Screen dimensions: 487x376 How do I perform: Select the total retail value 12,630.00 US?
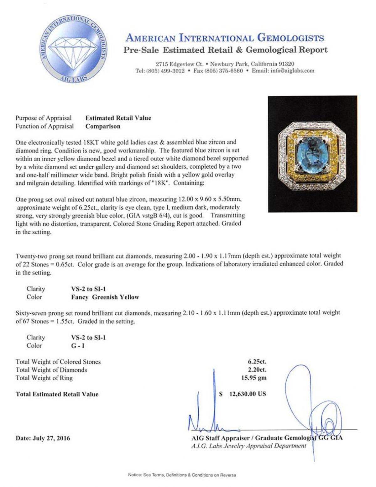coord(248,394)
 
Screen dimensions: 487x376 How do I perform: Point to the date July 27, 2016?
coord(43,438)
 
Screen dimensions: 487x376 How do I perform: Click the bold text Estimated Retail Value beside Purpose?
coord(118,118)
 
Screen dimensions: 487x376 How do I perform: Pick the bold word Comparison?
coord(103,126)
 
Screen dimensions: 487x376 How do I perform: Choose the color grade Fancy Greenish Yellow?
coord(105,297)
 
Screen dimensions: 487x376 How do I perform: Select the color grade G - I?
coord(78,346)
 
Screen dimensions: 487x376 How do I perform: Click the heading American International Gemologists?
coord(225,38)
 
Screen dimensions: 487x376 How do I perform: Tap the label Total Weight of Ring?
coord(44,378)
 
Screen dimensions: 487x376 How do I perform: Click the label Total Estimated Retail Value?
coord(57,394)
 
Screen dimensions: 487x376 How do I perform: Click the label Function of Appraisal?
coord(45,126)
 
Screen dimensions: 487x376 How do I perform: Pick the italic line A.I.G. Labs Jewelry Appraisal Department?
coord(248,446)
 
